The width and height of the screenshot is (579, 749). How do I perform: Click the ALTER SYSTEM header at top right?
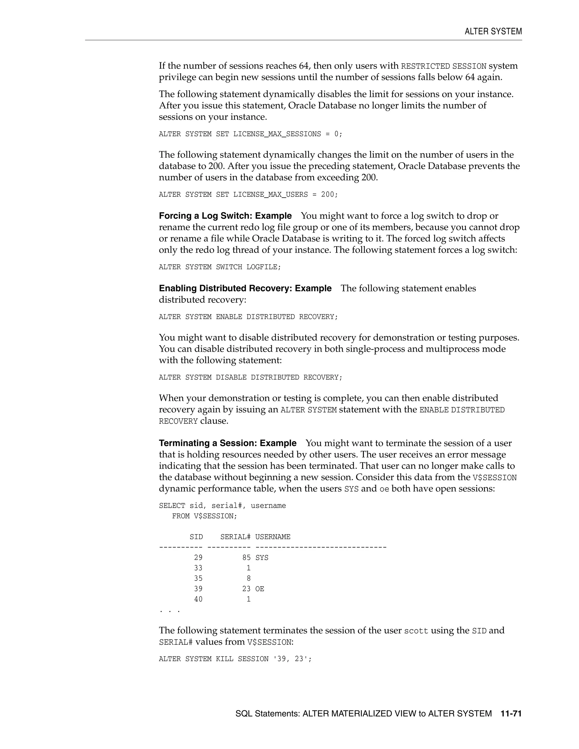pyautogui.click(x=493, y=32)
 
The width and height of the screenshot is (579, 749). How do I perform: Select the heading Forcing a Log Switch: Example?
pyautogui.click(x=225, y=216)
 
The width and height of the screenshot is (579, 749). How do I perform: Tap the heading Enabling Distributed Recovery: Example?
pyautogui.click(x=245, y=288)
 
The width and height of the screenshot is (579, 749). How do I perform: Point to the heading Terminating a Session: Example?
pyautogui.click(x=227, y=443)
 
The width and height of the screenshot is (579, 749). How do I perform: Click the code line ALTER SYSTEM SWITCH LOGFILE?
pyautogui.click(x=219, y=267)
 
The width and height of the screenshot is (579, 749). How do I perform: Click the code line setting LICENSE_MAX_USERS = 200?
pyautogui.click(x=248, y=194)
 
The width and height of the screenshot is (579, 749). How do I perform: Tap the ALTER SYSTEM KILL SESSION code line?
pyautogui.click(x=235, y=659)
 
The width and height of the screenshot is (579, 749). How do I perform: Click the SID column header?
pyautogui.click(x=196, y=537)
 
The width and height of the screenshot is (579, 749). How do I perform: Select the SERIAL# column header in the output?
pyautogui.click(x=235, y=537)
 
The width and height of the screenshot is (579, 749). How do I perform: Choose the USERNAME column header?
pyautogui.click(x=273, y=537)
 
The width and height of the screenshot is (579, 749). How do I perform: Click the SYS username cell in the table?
pyautogui.click(x=262, y=558)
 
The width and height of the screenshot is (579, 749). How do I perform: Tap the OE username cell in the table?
pyautogui.click(x=260, y=589)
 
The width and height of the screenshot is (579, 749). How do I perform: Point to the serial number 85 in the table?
pyautogui.click(x=246, y=558)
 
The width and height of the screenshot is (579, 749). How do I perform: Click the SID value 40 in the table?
pyautogui.click(x=198, y=599)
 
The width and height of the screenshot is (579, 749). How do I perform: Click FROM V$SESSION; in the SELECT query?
pyautogui.click(x=204, y=516)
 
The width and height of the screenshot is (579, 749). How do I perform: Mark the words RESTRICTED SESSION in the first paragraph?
pyautogui.click(x=444, y=66)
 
